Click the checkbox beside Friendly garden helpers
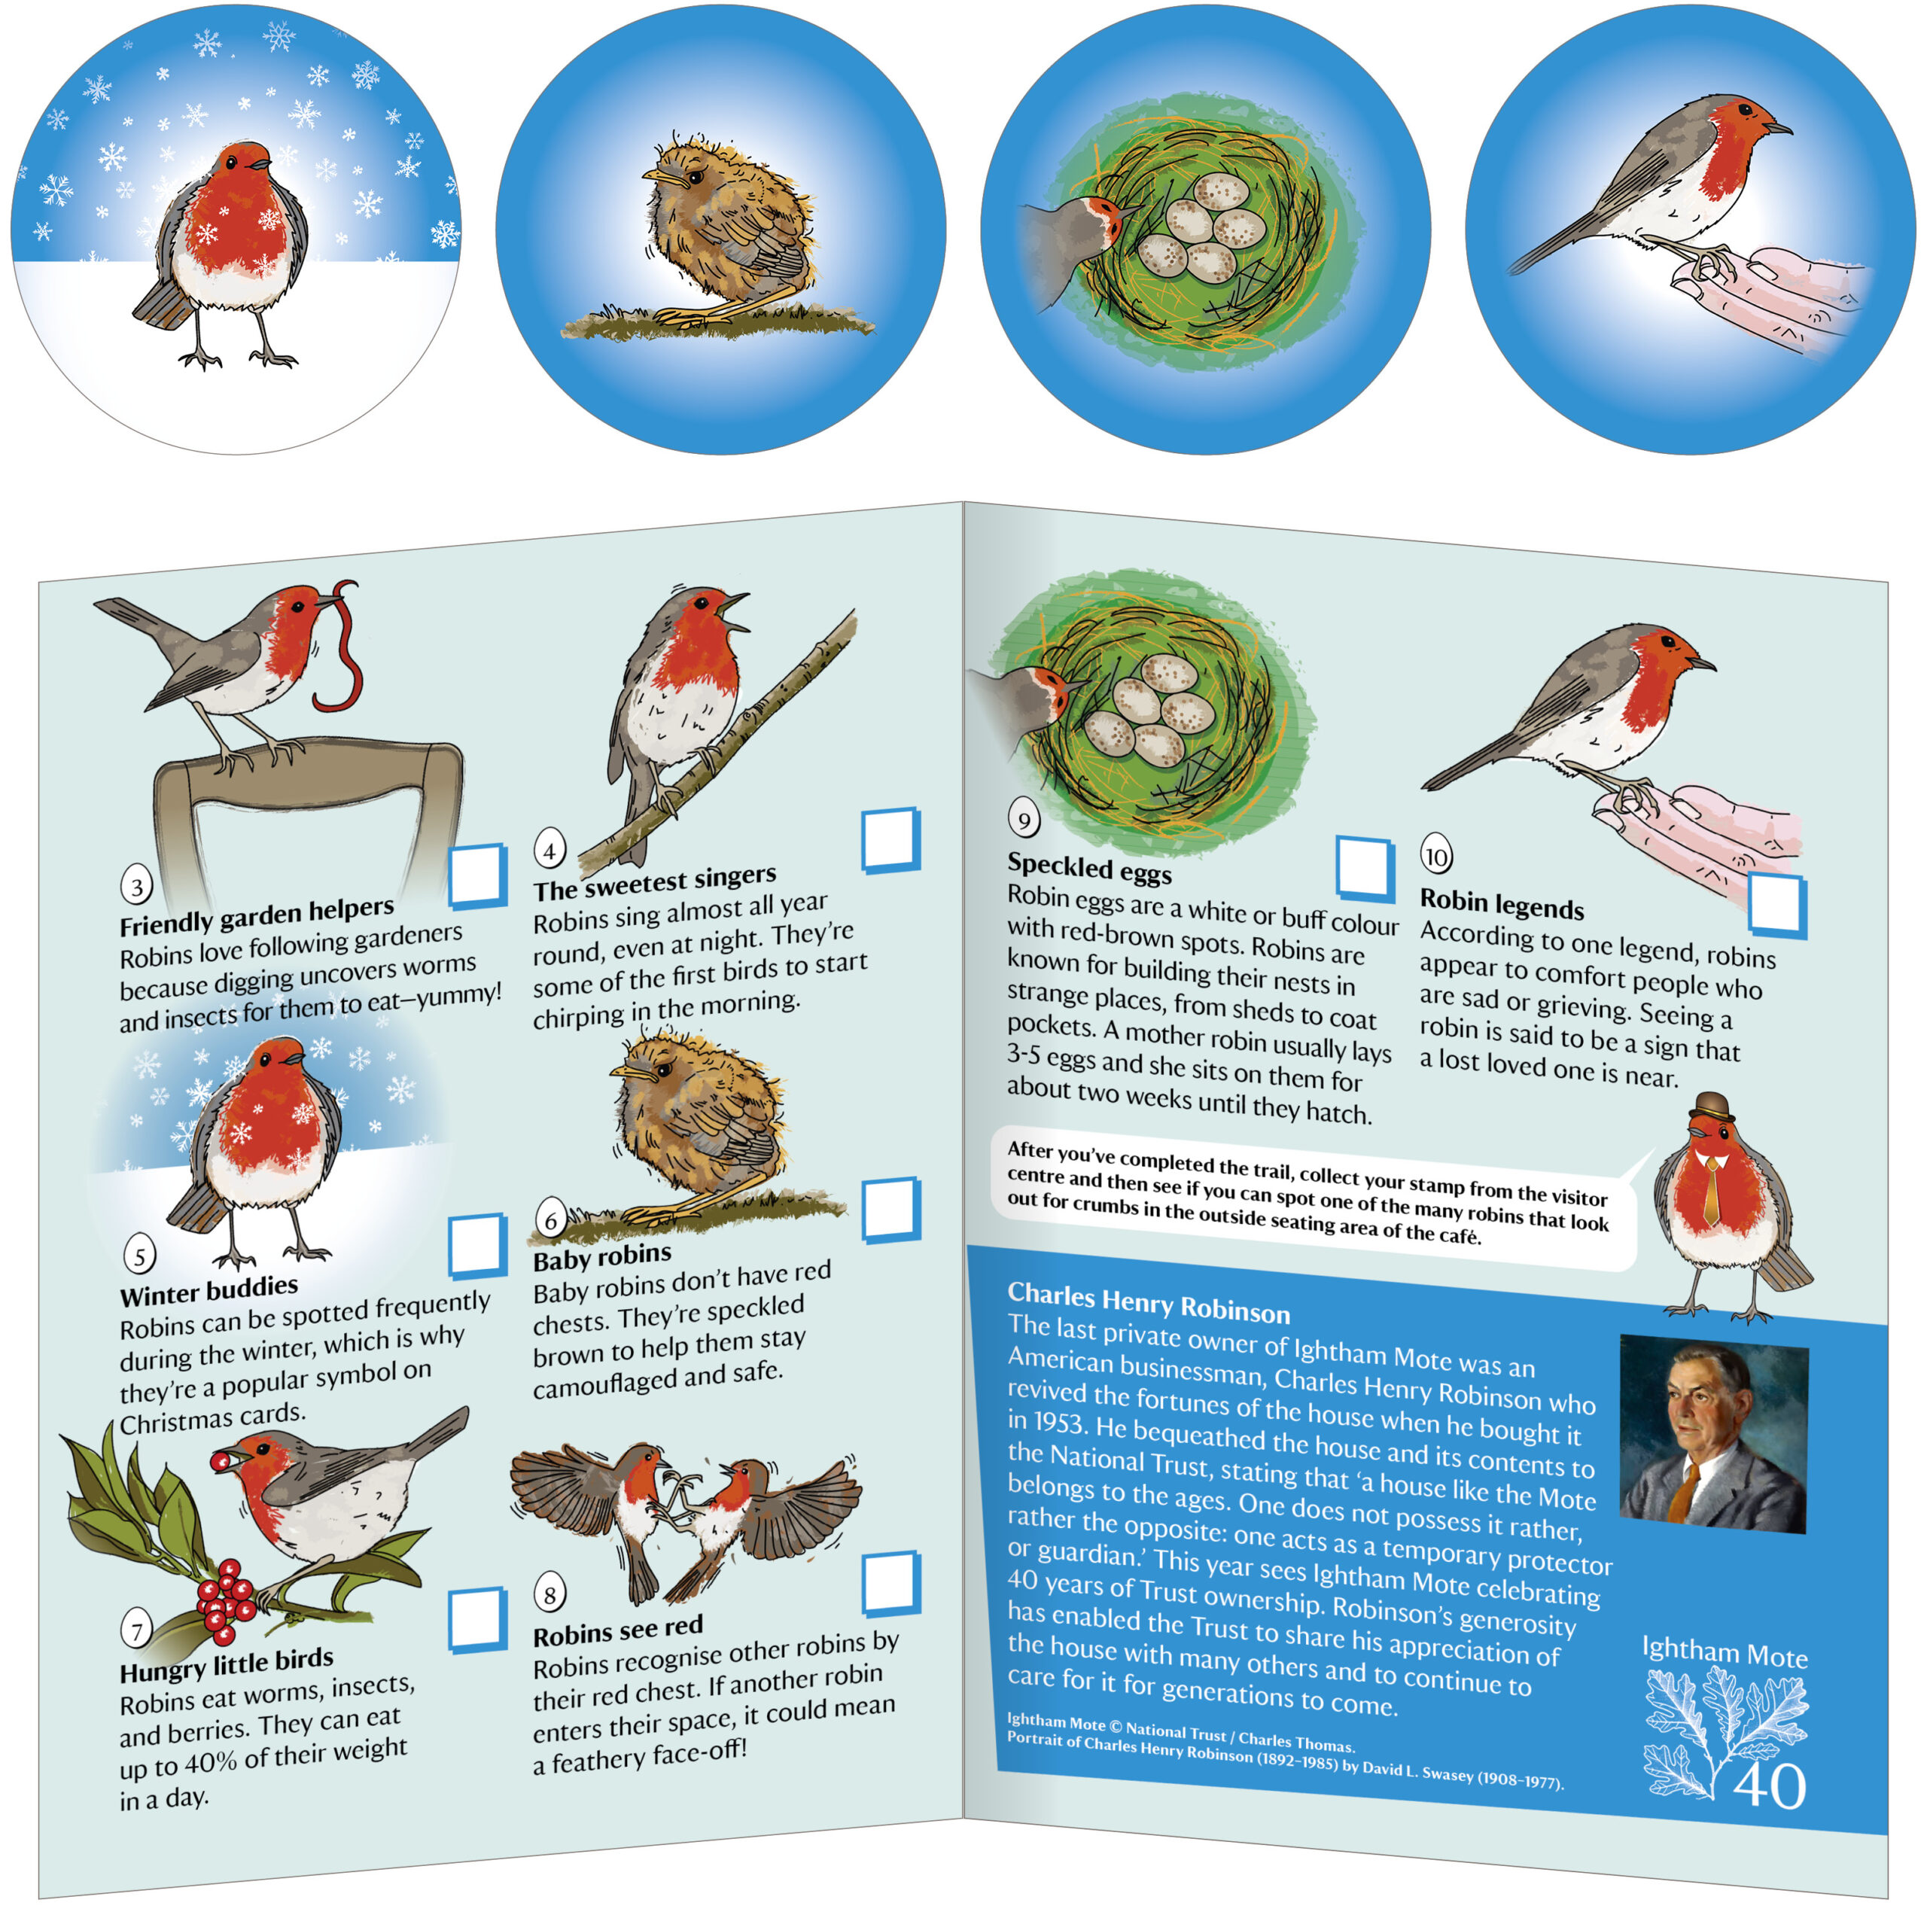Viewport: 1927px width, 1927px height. pos(478,875)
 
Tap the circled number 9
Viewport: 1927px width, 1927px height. pos(1024,819)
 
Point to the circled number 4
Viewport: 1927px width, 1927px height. pos(549,850)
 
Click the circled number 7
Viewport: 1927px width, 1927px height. pos(137,1632)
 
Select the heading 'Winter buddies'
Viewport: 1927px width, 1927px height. pos(209,1292)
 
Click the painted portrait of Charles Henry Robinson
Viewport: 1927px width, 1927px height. pos(1713,1433)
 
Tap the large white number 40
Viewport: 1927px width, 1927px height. pos(1768,1785)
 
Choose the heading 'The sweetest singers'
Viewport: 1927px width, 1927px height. pos(654,881)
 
